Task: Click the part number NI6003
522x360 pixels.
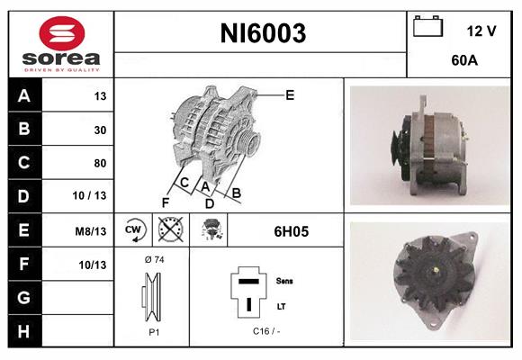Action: coord(263,34)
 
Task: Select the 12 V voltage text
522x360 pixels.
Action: coord(481,31)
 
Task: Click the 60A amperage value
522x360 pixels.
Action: coord(463,62)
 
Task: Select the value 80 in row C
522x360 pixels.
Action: coord(100,163)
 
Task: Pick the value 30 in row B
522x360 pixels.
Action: coord(100,130)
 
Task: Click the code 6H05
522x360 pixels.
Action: coord(292,231)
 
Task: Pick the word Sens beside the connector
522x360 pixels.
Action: coord(283,281)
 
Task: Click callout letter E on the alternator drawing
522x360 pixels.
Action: coord(290,94)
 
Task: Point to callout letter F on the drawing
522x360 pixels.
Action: coord(165,202)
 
